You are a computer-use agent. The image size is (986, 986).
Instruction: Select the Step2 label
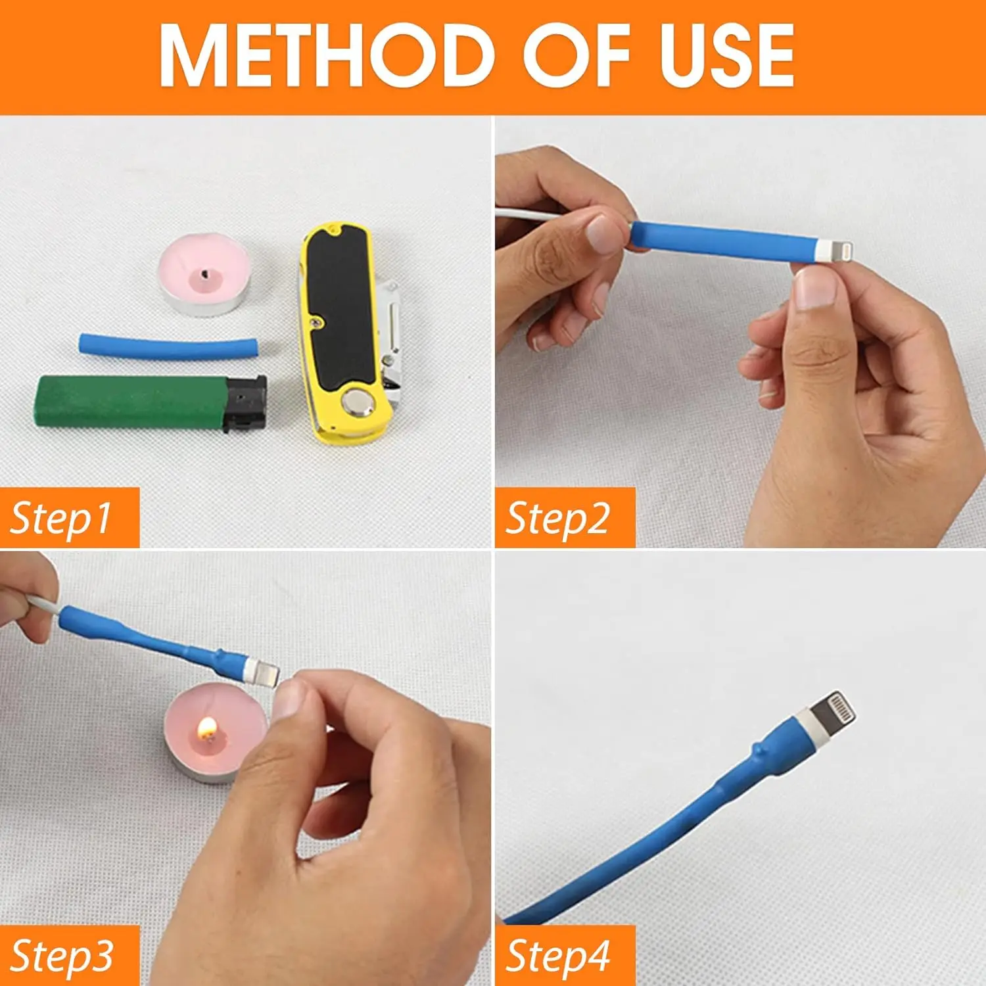(558, 518)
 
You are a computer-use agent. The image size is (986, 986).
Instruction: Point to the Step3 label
(62, 956)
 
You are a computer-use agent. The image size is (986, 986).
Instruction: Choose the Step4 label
(558, 956)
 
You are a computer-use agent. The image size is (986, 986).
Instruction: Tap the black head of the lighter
(246, 403)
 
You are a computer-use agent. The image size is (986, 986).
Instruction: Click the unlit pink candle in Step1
(204, 274)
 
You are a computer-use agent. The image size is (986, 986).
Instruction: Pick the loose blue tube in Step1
(168, 347)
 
